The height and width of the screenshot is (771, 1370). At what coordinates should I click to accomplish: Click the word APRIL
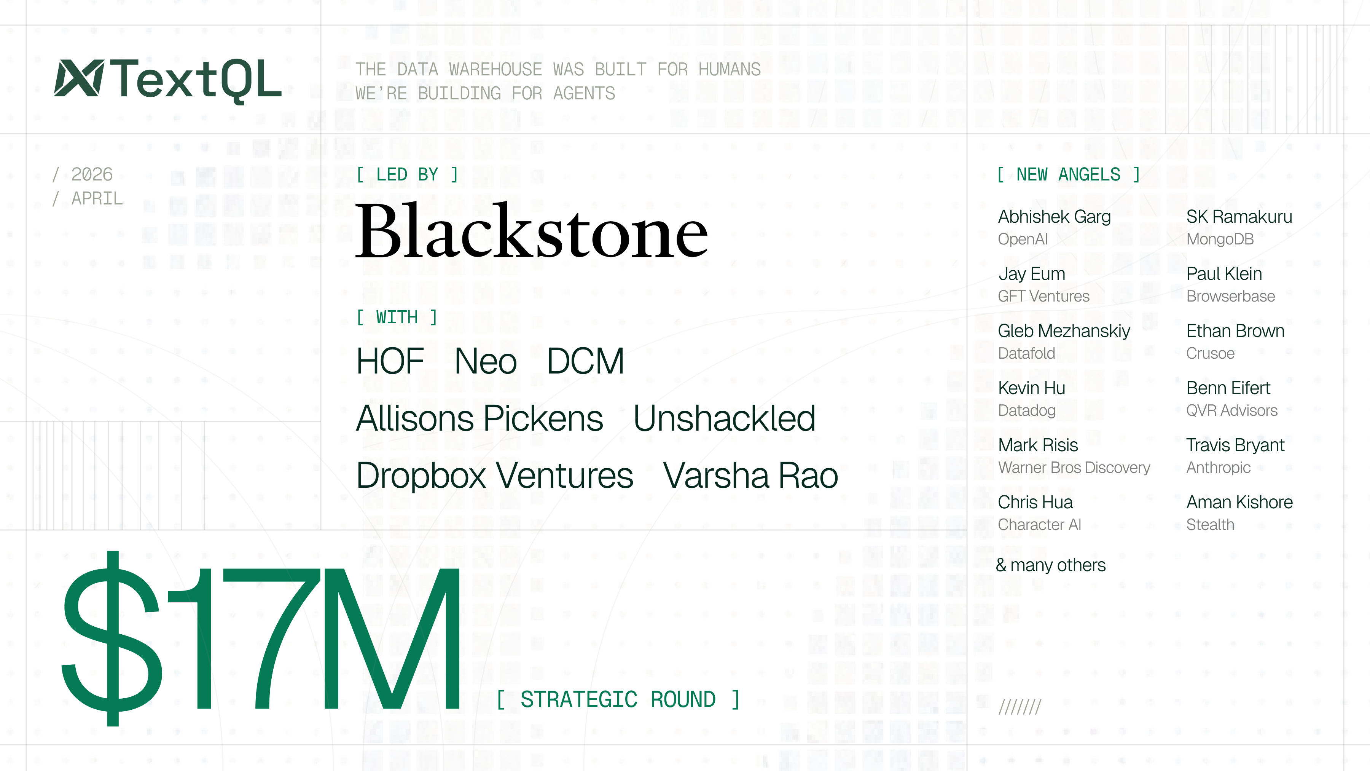97,198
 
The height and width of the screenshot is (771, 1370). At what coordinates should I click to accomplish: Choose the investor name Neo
485,361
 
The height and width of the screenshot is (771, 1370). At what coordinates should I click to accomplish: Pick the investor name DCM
585,361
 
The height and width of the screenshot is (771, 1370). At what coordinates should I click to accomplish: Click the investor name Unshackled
724,418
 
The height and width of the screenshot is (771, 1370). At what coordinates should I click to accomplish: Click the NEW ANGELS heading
1068,174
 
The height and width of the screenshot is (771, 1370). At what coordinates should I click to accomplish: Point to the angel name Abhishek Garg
1054,217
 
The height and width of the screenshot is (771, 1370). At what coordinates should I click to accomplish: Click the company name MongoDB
1220,239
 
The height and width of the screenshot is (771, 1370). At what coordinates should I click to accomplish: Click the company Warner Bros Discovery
1074,467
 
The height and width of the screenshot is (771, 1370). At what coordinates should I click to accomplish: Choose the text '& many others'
1050,565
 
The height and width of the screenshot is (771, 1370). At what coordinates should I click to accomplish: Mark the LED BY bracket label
407,174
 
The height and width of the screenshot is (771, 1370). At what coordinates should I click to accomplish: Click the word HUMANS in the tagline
729,70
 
